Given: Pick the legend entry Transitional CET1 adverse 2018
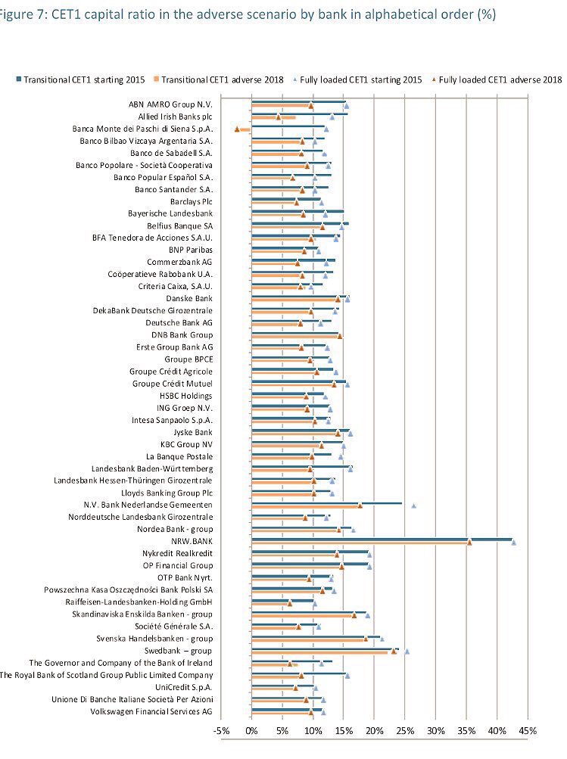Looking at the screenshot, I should pyautogui.click(x=220, y=79).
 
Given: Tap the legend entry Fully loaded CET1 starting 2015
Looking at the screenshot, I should pyautogui.click(x=360, y=79).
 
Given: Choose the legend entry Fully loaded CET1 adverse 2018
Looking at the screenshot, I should pyautogui.click(x=497, y=79).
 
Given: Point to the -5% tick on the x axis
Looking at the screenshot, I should pyautogui.click(x=221, y=731).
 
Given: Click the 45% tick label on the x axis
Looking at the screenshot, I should pyautogui.click(x=528, y=731).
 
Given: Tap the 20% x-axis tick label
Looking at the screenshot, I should pyautogui.click(x=374, y=731).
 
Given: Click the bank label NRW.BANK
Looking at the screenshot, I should pyautogui.click(x=192, y=541).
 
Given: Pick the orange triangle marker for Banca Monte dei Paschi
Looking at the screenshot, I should pyautogui.click(x=237, y=129).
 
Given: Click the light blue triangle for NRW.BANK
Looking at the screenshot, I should pyautogui.click(x=514, y=542).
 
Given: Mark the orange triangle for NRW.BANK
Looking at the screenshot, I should pyautogui.click(x=469, y=542).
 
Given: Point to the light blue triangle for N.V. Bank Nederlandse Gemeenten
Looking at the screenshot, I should pyautogui.click(x=413, y=505).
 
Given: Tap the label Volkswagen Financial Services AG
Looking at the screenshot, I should pyautogui.click(x=151, y=711).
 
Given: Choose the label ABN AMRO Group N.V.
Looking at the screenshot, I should pyautogui.click(x=170, y=104).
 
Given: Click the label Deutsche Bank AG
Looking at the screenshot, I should pyautogui.click(x=179, y=322).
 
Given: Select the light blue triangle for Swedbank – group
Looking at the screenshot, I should pyautogui.click(x=407, y=651).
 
